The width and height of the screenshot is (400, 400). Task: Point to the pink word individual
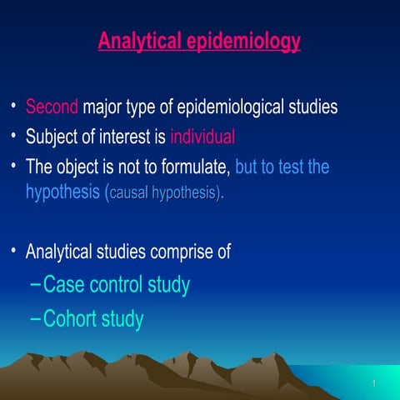[202, 137]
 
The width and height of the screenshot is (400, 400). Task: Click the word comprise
[202, 250]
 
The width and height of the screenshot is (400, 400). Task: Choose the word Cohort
[70, 319]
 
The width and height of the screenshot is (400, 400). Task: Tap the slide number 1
[375, 383]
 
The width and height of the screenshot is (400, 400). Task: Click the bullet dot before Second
[13, 107]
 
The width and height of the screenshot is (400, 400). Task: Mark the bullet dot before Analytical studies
[13, 250]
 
